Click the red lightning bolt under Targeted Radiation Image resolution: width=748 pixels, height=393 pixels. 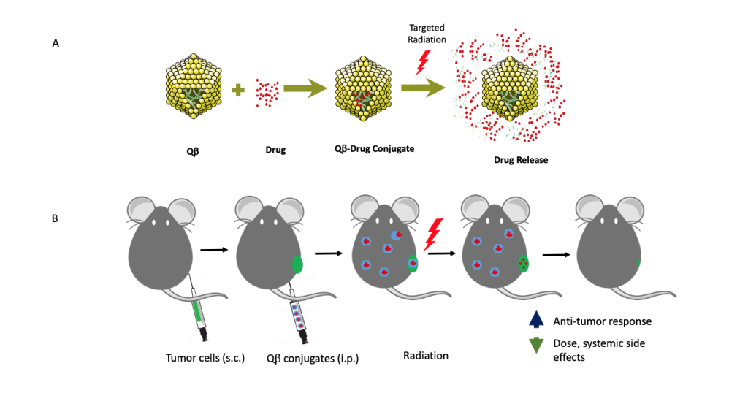(x=421, y=61)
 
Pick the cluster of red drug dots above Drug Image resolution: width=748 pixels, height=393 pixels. (x=267, y=91)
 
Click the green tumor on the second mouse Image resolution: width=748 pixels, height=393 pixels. (x=297, y=264)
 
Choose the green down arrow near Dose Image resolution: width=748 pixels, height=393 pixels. (x=537, y=345)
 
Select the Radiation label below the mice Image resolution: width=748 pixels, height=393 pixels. (x=425, y=356)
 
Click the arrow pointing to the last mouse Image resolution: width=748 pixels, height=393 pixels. (x=556, y=255)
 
